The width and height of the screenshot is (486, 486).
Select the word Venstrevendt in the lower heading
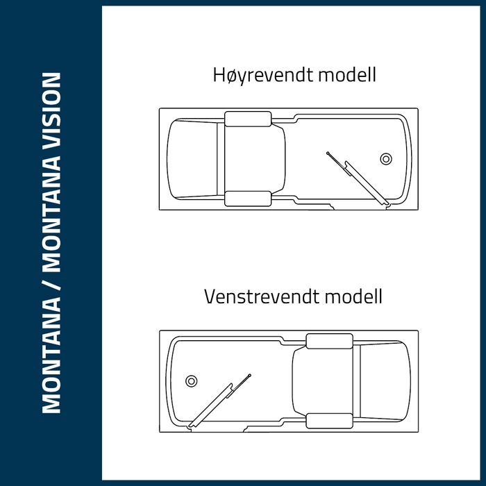coord(262,296)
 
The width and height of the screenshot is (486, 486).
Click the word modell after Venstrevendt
coord(353,296)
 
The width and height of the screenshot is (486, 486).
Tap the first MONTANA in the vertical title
coord(51,355)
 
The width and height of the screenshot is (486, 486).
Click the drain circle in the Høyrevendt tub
coord(386,159)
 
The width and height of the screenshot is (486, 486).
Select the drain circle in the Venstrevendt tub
coord(191,381)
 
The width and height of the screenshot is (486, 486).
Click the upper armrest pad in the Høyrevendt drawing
coord(248,119)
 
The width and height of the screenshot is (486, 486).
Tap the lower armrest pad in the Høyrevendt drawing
coord(248,199)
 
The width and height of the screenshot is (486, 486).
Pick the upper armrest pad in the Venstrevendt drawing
coord(330,342)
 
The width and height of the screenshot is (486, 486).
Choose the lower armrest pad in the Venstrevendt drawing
coord(330,421)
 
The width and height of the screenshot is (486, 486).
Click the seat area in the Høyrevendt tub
coord(254,159)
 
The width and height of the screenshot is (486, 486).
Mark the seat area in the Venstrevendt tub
coord(323,381)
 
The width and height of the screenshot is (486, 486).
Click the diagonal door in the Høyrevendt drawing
coord(367,183)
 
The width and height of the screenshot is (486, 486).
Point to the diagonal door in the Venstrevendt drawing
coord(210,405)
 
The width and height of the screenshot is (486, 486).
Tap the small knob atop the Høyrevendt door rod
coord(328,153)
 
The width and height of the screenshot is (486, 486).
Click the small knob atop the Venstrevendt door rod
coord(250,376)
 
